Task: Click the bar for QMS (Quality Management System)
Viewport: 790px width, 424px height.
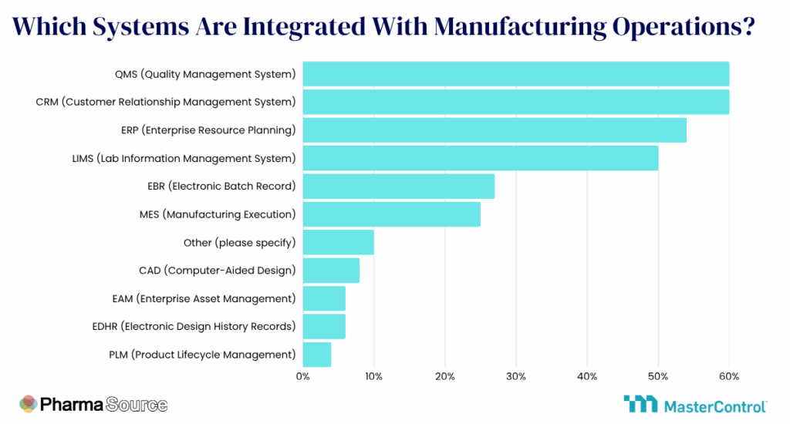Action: click(x=515, y=74)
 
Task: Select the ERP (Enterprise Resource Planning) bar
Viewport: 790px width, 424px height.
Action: click(x=495, y=130)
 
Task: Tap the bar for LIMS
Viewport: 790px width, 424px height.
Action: click(x=480, y=158)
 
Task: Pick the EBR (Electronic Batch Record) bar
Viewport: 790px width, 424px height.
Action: click(x=398, y=187)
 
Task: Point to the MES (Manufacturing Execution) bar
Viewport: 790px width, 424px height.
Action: click(x=391, y=214)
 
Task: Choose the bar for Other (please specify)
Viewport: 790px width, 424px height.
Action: click(x=338, y=242)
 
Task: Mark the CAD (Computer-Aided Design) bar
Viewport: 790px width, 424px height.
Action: click(x=331, y=271)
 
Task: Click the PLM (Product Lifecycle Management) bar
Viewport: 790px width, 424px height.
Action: click(x=316, y=355)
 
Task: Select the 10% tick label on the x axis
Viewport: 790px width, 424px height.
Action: click(x=373, y=376)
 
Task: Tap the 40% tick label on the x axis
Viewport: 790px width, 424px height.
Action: click(x=587, y=376)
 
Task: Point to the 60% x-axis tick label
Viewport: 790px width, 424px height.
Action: click(x=729, y=376)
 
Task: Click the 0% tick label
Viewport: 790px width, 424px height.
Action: click(x=302, y=376)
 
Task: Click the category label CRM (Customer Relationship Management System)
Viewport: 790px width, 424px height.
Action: click(x=166, y=102)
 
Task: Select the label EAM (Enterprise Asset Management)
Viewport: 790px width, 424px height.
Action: click(x=204, y=298)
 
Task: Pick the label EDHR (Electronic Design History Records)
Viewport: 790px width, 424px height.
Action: click(x=194, y=326)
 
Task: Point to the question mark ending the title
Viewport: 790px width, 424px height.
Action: click(x=747, y=26)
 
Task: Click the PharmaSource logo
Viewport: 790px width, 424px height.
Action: click(x=93, y=404)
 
